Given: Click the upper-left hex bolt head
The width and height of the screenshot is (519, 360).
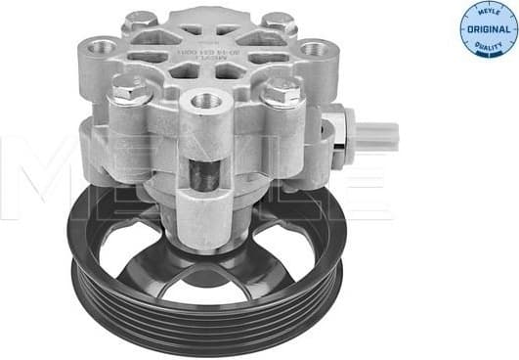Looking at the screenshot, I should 143,20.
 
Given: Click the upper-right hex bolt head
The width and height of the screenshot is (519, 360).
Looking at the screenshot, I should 281,21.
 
